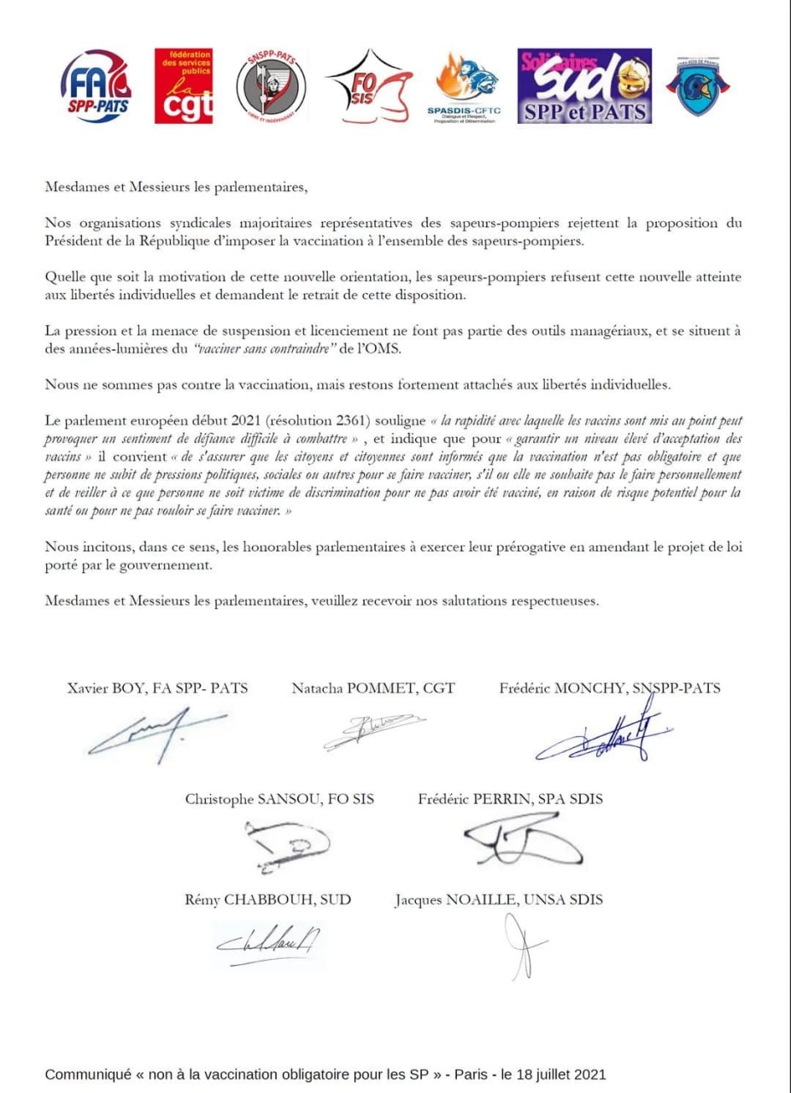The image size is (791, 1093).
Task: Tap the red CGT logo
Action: click(x=183, y=86)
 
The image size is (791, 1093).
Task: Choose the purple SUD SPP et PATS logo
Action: click(x=584, y=86)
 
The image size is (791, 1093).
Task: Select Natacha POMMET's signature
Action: click(x=366, y=733)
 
